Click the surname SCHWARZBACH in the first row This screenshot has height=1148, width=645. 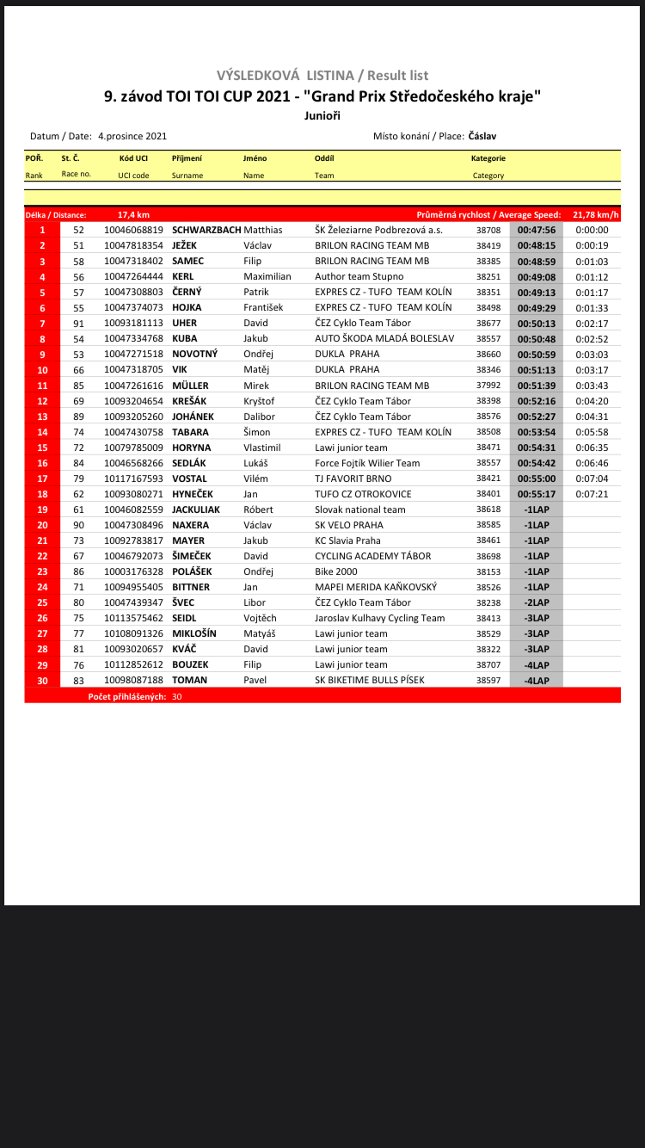(206, 230)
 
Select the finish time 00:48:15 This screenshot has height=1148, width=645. (536, 245)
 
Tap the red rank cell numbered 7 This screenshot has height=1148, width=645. (42, 323)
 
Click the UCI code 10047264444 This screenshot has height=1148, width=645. (133, 276)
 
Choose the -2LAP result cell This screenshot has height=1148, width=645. (536, 602)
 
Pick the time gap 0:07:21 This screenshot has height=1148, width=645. (592, 494)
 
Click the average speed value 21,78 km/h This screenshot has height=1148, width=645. (596, 214)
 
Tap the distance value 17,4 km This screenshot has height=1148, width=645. (133, 214)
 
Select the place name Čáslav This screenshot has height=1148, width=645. (482, 136)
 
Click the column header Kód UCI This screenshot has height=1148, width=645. (133, 158)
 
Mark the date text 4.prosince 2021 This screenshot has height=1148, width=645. (132, 136)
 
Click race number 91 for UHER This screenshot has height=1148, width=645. (78, 323)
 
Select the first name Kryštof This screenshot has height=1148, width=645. (261, 401)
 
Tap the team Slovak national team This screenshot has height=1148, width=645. (359, 509)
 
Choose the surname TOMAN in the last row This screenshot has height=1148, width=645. (189, 680)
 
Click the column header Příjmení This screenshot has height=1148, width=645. (187, 158)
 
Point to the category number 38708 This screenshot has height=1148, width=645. (488, 230)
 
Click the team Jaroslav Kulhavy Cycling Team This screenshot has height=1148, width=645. (379, 618)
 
